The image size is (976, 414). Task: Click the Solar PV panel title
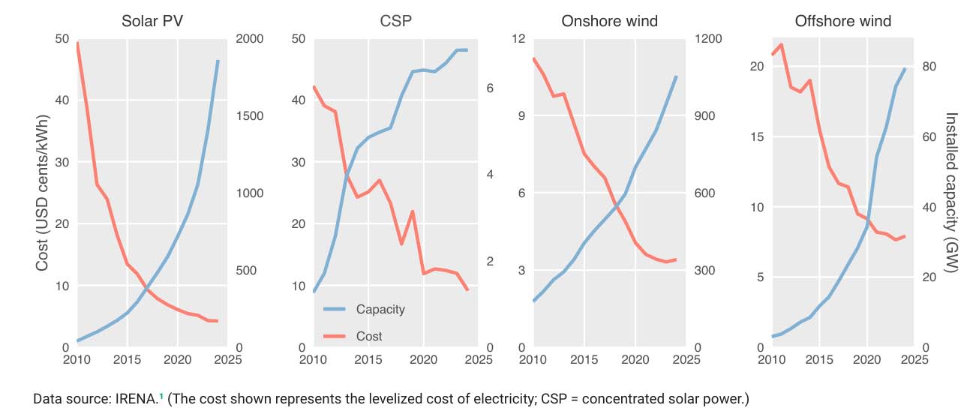(152, 21)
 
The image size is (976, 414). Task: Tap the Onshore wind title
(609, 21)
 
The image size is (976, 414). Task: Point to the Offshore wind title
(842, 21)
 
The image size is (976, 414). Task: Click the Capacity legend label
(380, 310)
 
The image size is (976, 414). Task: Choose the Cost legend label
(369, 336)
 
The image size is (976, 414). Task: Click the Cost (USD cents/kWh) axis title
(42, 193)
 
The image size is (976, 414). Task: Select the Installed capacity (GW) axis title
(951, 193)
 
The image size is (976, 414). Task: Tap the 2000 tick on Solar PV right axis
(250, 39)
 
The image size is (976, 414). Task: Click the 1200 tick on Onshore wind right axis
(707, 39)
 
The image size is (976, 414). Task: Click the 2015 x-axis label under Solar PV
(128, 360)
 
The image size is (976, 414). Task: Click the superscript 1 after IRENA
(161, 395)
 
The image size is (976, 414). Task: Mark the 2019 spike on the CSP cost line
(413, 211)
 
